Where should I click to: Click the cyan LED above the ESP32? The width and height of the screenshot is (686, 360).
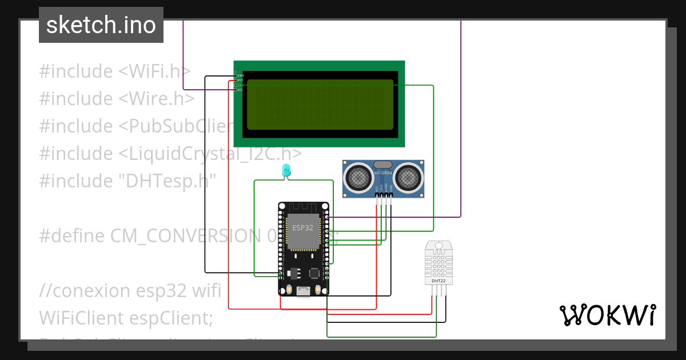[286, 170]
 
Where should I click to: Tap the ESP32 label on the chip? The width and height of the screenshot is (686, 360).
[302, 227]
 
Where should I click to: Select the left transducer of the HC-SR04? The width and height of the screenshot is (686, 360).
[358, 177]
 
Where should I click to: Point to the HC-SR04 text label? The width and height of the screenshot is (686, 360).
[383, 172]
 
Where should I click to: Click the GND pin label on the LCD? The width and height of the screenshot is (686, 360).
[241, 75]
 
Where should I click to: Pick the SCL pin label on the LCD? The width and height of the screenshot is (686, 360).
[241, 90]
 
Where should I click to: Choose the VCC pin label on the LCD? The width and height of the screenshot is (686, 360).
[241, 80]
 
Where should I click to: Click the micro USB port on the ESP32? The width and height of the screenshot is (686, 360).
[303, 291]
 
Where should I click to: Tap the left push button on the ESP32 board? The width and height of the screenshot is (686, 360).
[290, 290]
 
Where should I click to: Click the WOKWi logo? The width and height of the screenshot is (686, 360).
[607, 315]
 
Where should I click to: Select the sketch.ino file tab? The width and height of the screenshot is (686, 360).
[101, 25]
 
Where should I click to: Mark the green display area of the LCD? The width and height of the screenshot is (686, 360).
[320, 104]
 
